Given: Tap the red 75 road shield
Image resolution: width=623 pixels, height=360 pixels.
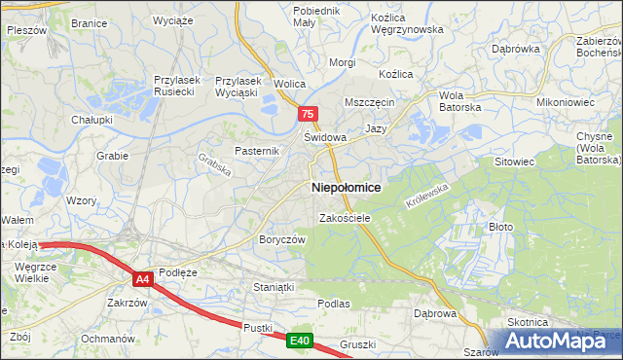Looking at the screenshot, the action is pos(308,114).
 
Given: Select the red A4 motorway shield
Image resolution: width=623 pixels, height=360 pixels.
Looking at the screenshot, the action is pos(143,279).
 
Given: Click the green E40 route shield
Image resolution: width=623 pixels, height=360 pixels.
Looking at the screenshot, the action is pos(299,341).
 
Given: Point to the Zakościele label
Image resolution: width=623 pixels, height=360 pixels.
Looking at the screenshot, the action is pos(345,219).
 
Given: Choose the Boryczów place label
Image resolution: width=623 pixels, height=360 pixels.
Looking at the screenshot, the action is pos(282,239).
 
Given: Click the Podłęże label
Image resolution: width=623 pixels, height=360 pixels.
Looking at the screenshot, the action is pos(178,272).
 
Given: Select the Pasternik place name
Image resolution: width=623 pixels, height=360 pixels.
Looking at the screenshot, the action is pos(257,151).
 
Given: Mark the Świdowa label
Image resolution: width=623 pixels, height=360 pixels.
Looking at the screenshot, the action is pos(325,137).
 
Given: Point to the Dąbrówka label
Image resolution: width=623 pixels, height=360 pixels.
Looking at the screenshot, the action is pos(516,48).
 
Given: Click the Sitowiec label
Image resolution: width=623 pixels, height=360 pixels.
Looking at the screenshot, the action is pos(516,161).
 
